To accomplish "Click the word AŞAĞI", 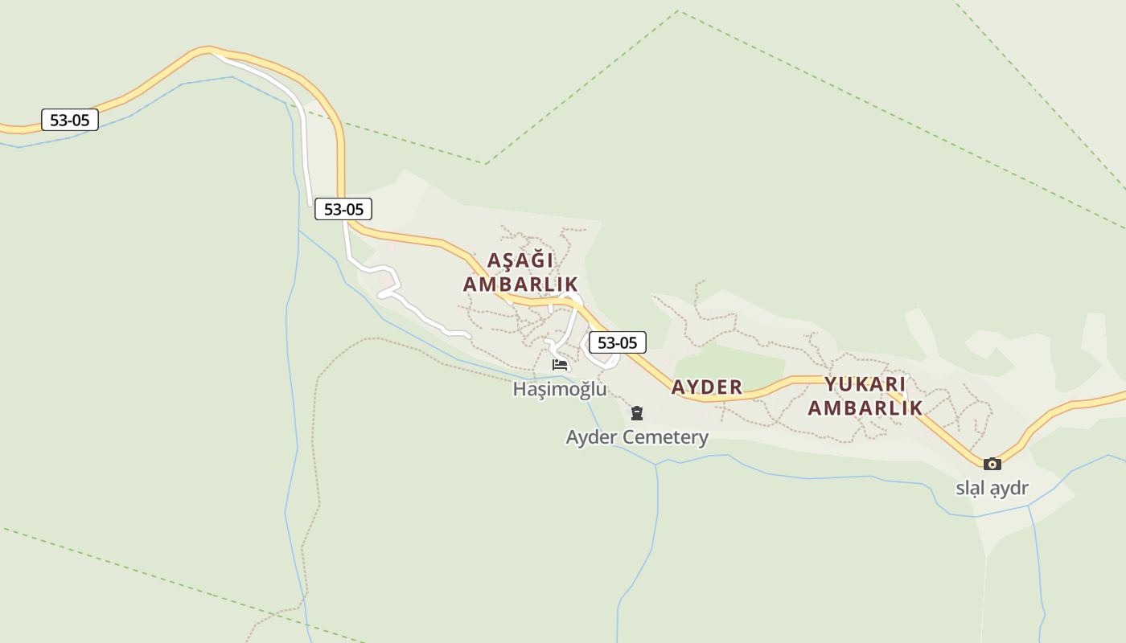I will pyautogui.click(x=520, y=260).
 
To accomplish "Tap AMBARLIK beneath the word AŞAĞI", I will pyautogui.click(x=520, y=284).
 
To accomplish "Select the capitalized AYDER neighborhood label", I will pyautogui.click(x=707, y=387).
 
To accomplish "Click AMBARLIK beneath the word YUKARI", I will pyautogui.click(x=865, y=408).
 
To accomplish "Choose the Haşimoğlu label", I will pyautogui.click(x=560, y=389).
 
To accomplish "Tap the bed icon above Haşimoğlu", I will pyautogui.click(x=560, y=365).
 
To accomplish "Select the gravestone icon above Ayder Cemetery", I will pyautogui.click(x=637, y=414).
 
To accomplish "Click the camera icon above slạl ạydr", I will pyautogui.click(x=992, y=464).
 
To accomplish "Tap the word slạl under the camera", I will pyautogui.click(x=970, y=488).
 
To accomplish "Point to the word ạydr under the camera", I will pyautogui.click(x=1009, y=488).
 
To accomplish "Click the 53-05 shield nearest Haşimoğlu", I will pyautogui.click(x=617, y=342).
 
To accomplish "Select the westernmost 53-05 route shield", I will pyautogui.click(x=70, y=121).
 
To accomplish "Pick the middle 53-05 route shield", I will pyautogui.click(x=343, y=210).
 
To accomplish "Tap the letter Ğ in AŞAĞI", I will pyautogui.click(x=534, y=260).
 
